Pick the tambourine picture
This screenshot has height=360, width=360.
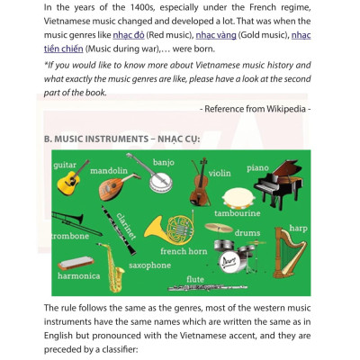tap(237, 198)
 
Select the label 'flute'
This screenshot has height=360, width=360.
tap(195, 279)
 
